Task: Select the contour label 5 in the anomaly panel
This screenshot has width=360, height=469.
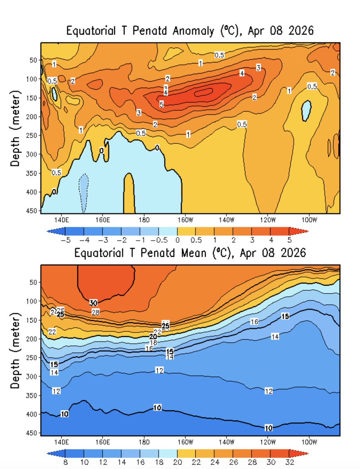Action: (161, 104)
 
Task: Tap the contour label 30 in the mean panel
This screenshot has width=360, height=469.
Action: (93, 303)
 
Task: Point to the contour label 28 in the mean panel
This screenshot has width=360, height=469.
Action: (96, 312)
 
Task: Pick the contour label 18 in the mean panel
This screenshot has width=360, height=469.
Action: (154, 342)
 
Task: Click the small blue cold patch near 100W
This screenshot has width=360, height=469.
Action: (306, 111)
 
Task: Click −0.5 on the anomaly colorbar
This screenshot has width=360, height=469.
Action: (159, 239)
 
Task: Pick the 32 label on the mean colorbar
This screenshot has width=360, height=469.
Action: (289, 461)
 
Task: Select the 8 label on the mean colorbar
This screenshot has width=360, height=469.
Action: (66, 461)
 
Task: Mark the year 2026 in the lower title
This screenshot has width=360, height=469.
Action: (292, 253)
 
